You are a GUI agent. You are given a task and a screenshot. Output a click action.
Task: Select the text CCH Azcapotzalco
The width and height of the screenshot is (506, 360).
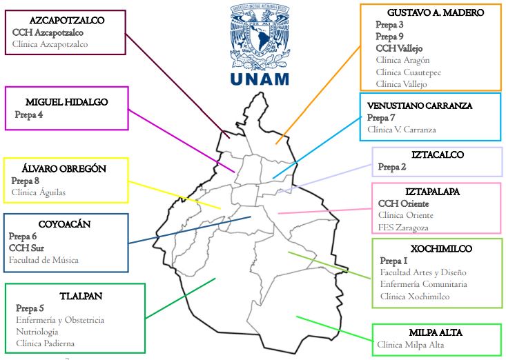[x=48, y=32]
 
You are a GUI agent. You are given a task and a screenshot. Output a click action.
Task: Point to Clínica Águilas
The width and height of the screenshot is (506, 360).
[x=39, y=192]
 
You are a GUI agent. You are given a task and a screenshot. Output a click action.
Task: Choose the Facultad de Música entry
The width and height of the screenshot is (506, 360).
[x=43, y=260]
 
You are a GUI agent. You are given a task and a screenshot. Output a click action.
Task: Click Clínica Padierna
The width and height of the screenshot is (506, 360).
[x=45, y=343]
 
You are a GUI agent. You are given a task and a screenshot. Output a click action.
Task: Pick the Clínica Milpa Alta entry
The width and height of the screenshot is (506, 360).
[x=410, y=344]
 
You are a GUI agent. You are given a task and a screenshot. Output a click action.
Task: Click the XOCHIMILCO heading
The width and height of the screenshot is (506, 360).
[x=436, y=248]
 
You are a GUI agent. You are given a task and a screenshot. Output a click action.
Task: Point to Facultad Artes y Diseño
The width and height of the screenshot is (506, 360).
[x=423, y=273]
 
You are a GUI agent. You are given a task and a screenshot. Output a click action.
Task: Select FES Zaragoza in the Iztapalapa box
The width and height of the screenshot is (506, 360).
[x=403, y=228]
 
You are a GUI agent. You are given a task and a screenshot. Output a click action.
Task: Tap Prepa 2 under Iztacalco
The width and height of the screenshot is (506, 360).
[x=392, y=167]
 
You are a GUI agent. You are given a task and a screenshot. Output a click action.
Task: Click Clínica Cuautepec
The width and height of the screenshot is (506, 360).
[x=409, y=72]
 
